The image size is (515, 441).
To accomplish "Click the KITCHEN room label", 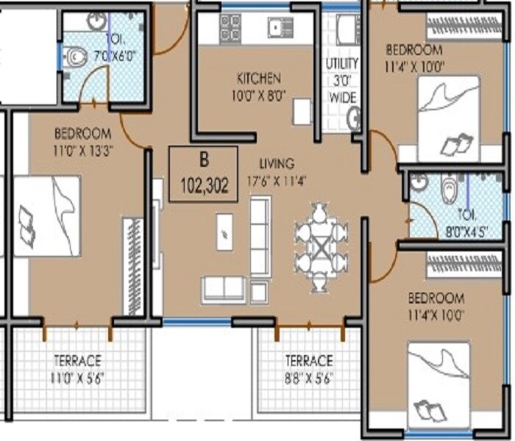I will [x=258, y=77].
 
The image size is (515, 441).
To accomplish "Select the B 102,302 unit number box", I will [x=203, y=174].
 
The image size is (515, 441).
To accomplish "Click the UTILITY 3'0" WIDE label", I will [x=342, y=79].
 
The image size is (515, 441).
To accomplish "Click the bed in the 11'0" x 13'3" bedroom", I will [x=46, y=215].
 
